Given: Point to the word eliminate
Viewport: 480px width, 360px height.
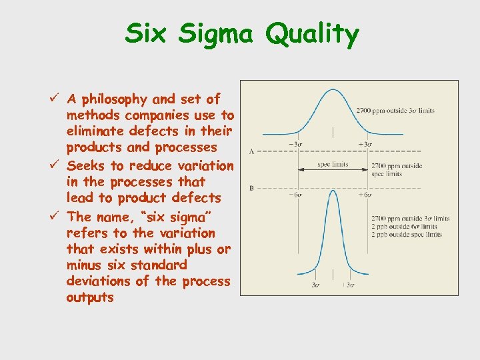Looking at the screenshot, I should coord(97,131).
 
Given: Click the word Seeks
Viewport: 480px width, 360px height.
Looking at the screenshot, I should coord(87,165).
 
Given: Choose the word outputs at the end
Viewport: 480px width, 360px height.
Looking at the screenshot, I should coord(90,297).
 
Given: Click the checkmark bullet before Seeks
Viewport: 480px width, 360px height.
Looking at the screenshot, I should coord(57,165).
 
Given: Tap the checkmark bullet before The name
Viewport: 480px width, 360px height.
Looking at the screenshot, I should coord(57,216).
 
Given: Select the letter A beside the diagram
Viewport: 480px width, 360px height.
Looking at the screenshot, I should coord(251,151).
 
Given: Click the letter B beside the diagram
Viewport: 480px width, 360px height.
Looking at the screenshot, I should coord(251,189).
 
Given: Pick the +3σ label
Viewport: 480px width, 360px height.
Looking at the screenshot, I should coord(365,144).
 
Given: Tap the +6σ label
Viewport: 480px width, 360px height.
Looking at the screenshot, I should coord(365,195).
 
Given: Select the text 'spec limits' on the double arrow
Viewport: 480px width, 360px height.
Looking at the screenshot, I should coord(333,165).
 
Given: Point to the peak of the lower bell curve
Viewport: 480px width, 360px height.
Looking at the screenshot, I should coord(332,191).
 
